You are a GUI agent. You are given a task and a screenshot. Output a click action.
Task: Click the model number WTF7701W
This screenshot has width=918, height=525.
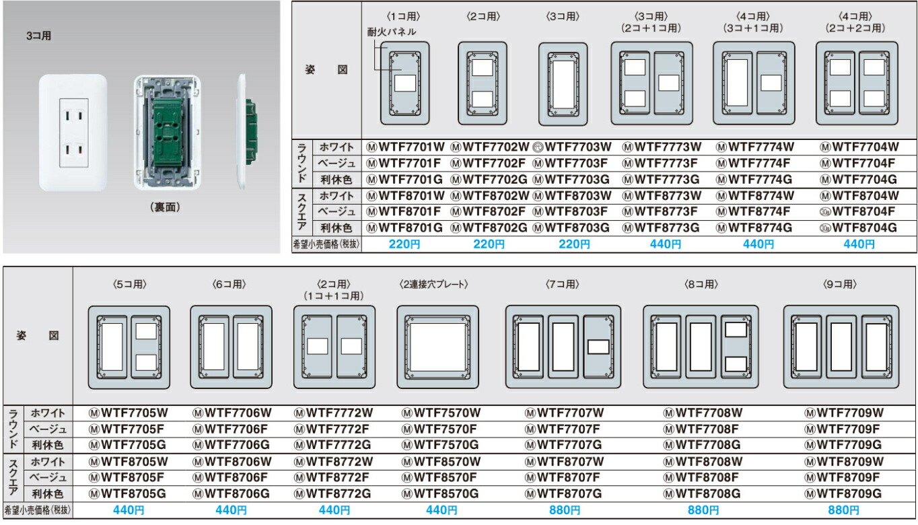406,146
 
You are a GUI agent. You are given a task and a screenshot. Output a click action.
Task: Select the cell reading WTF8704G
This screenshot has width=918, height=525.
859,228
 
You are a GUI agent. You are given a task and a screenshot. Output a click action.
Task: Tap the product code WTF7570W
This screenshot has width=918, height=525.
441,412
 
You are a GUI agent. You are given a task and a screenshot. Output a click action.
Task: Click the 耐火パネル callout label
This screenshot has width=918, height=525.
391,32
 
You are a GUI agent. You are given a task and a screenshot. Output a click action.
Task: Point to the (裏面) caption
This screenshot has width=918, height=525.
165,208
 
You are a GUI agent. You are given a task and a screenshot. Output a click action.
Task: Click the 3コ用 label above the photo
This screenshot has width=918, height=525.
38,36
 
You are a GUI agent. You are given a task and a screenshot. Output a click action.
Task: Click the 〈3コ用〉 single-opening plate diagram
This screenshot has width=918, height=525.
563,83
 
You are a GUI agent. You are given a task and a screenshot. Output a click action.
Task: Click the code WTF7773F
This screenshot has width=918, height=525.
662,162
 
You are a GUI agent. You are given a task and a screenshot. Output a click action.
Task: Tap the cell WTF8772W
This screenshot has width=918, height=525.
333,462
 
